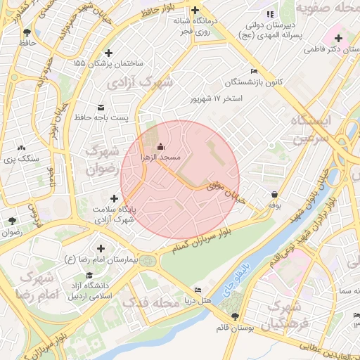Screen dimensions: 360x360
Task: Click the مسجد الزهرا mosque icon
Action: [x=161, y=146]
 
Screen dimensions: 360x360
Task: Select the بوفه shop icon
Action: [x=274, y=195]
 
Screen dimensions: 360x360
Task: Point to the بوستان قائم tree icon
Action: [x=234, y=316]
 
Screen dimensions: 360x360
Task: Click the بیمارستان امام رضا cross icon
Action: [x=101, y=248]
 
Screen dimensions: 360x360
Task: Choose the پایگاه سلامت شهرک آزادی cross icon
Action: [x=114, y=198]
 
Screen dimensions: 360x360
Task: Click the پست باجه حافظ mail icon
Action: [x=101, y=107]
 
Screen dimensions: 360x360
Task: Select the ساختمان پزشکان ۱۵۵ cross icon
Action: [x=108, y=53]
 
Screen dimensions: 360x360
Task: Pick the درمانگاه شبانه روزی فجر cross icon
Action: [x=194, y=10]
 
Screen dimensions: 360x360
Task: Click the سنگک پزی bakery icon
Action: [x=22, y=148]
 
